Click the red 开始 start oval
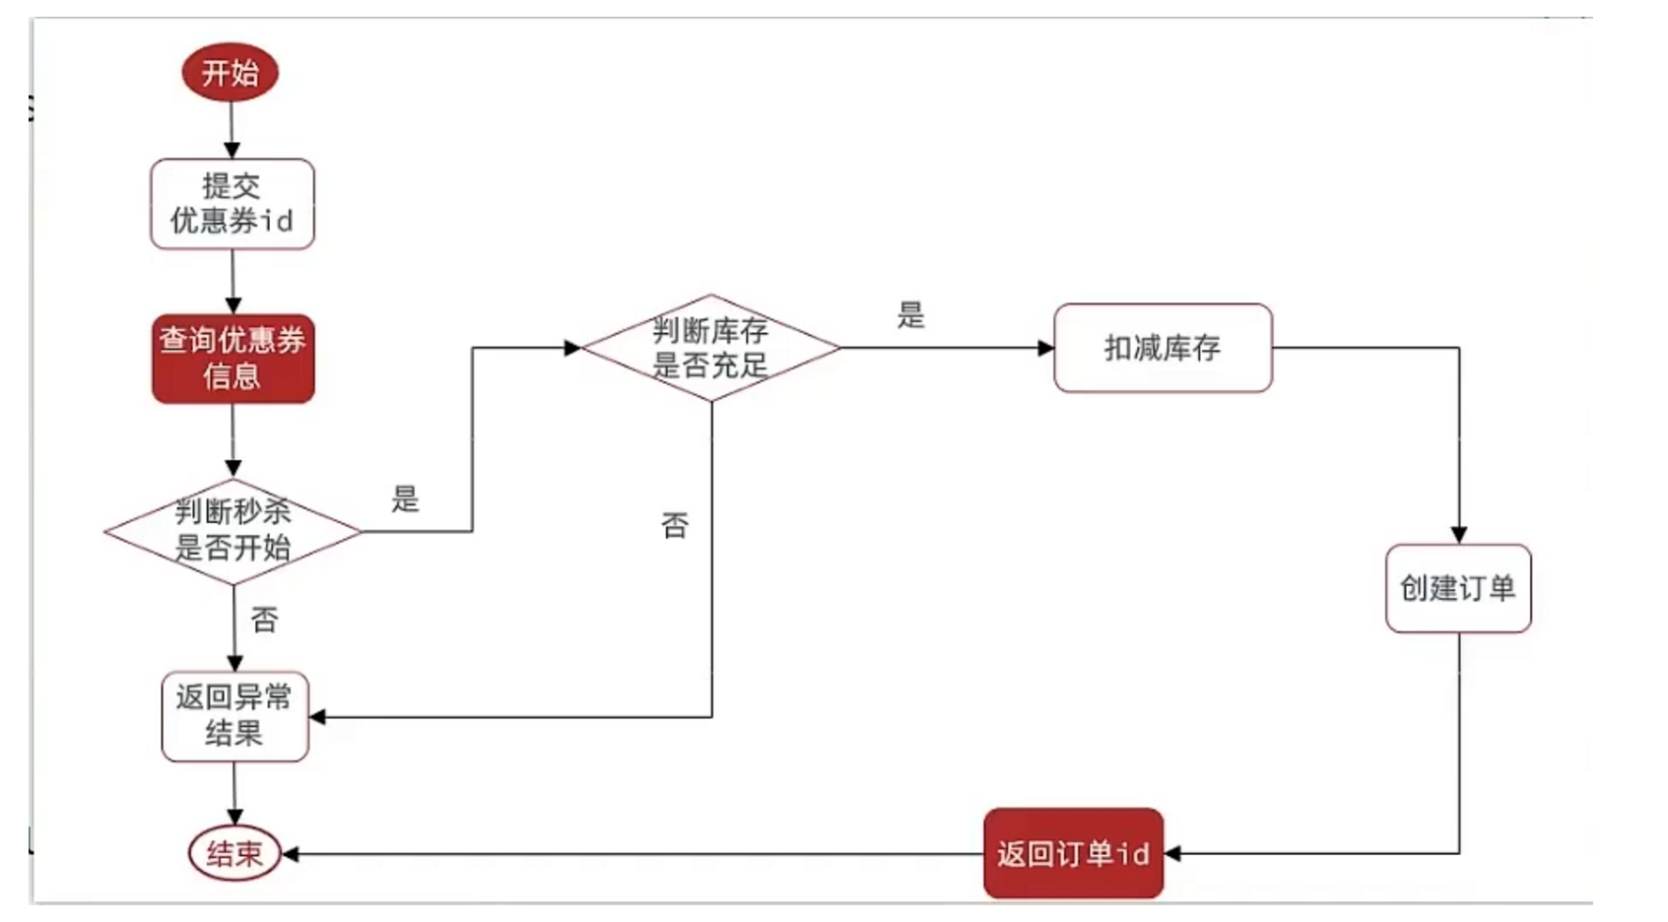click(x=231, y=73)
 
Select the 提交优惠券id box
click(x=233, y=204)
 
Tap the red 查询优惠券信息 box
click(x=234, y=359)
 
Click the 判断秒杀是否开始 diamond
click(x=234, y=531)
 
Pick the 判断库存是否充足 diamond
click(x=710, y=348)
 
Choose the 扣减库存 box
click(x=1163, y=348)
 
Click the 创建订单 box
click(x=1458, y=588)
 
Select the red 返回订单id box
click(x=1073, y=853)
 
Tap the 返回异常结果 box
click(x=234, y=716)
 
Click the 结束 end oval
click(x=234, y=853)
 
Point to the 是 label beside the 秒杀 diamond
click(x=405, y=498)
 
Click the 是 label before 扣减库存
click(x=911, y=315)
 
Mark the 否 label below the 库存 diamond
click(x=675, y=525)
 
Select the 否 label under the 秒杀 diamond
click(x=264, y=620)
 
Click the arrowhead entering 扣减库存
click(x=1046, y=348)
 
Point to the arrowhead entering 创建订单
click(x=1459, y=535)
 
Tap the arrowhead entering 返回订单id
click(x=1172, y=854)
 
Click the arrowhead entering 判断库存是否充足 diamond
click(x=572, y=348)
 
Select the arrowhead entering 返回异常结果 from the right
click(x=318, y=717)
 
